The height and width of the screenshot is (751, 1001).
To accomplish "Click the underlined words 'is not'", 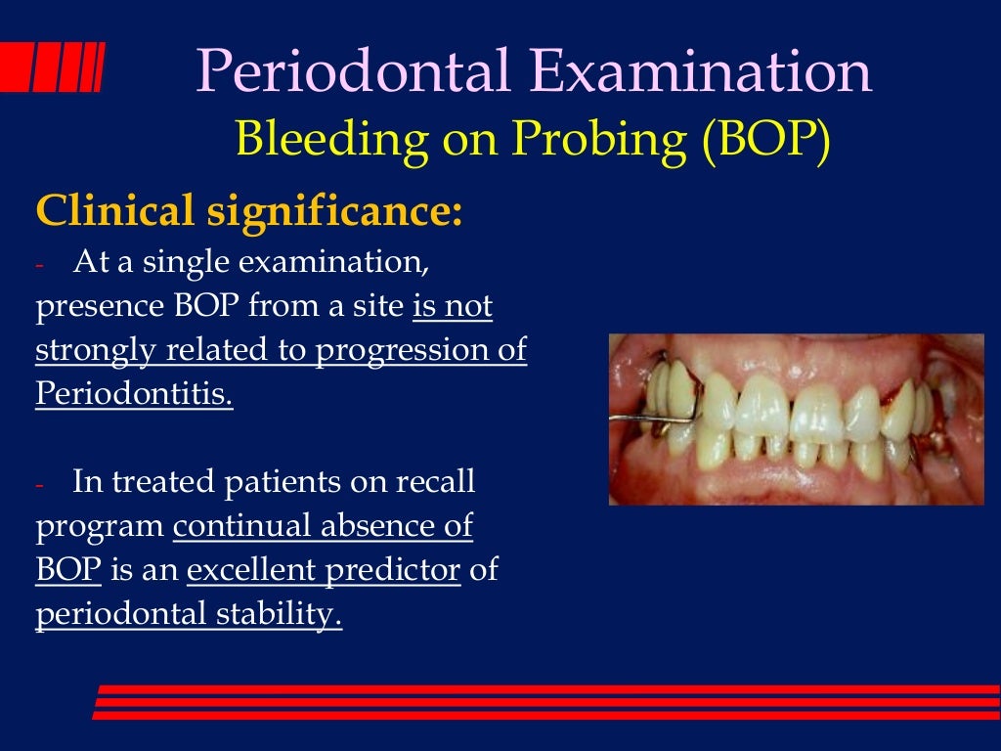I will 453,307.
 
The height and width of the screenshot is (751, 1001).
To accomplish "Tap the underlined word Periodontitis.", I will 134,394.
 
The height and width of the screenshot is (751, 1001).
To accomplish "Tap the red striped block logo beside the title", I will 53,69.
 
